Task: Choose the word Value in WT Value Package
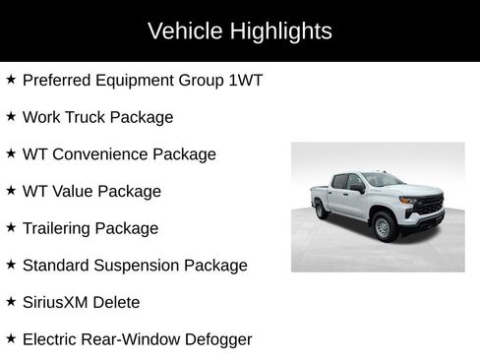(75, 191)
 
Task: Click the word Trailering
(60, 228)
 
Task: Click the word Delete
(122, 302)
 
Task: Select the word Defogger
(214, 339)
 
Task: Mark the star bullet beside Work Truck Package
(11, 116)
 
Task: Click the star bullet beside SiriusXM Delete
(11, 301)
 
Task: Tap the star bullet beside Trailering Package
(11, 227)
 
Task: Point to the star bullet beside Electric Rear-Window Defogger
(11, 338)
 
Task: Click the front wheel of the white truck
(385, 226)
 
